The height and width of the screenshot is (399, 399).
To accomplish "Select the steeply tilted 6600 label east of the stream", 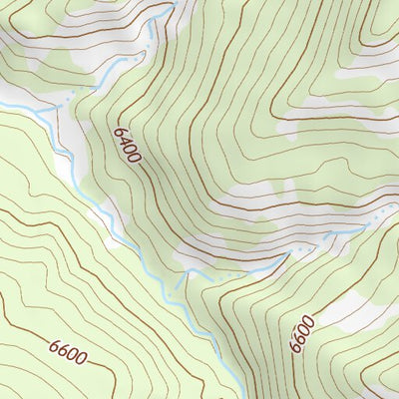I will pos(302,334).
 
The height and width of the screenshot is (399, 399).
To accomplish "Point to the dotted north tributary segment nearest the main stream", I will pos(72,96).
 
